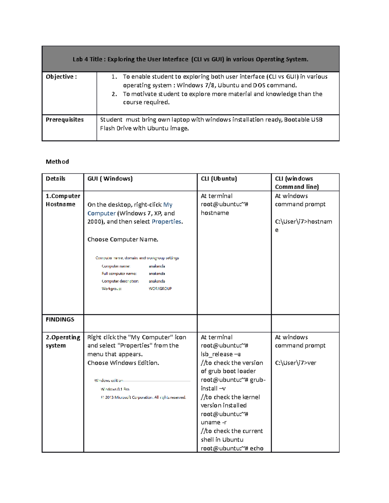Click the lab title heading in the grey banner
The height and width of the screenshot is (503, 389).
pos(190,59)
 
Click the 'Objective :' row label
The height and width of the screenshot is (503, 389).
pos(61,77)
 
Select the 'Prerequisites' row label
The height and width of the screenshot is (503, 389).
pos(65,120)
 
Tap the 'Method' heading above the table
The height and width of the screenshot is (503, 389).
pos(57,162)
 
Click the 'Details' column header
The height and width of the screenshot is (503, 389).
pos(55,179)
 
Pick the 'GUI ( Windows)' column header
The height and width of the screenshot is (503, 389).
pos(110,179)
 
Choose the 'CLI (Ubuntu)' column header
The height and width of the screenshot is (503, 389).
pos(219,179)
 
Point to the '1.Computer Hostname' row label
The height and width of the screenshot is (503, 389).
pos(63,200)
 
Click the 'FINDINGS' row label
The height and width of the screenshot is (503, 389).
pos(60,320)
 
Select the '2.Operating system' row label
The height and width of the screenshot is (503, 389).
pos(63,341)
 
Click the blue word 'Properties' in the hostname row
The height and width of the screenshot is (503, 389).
pos(166,222)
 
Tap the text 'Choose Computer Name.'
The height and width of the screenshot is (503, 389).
pos(123,240)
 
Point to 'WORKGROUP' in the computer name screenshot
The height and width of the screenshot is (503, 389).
pos(160,289)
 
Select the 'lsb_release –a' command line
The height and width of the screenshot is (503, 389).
pos(220,354)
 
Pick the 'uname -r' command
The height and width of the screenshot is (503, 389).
pos(214,423)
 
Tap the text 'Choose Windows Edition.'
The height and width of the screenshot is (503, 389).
pos(123,363)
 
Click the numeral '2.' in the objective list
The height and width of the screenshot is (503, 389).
pos(114,94)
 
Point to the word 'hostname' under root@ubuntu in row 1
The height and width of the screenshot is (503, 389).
pos(215,213)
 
